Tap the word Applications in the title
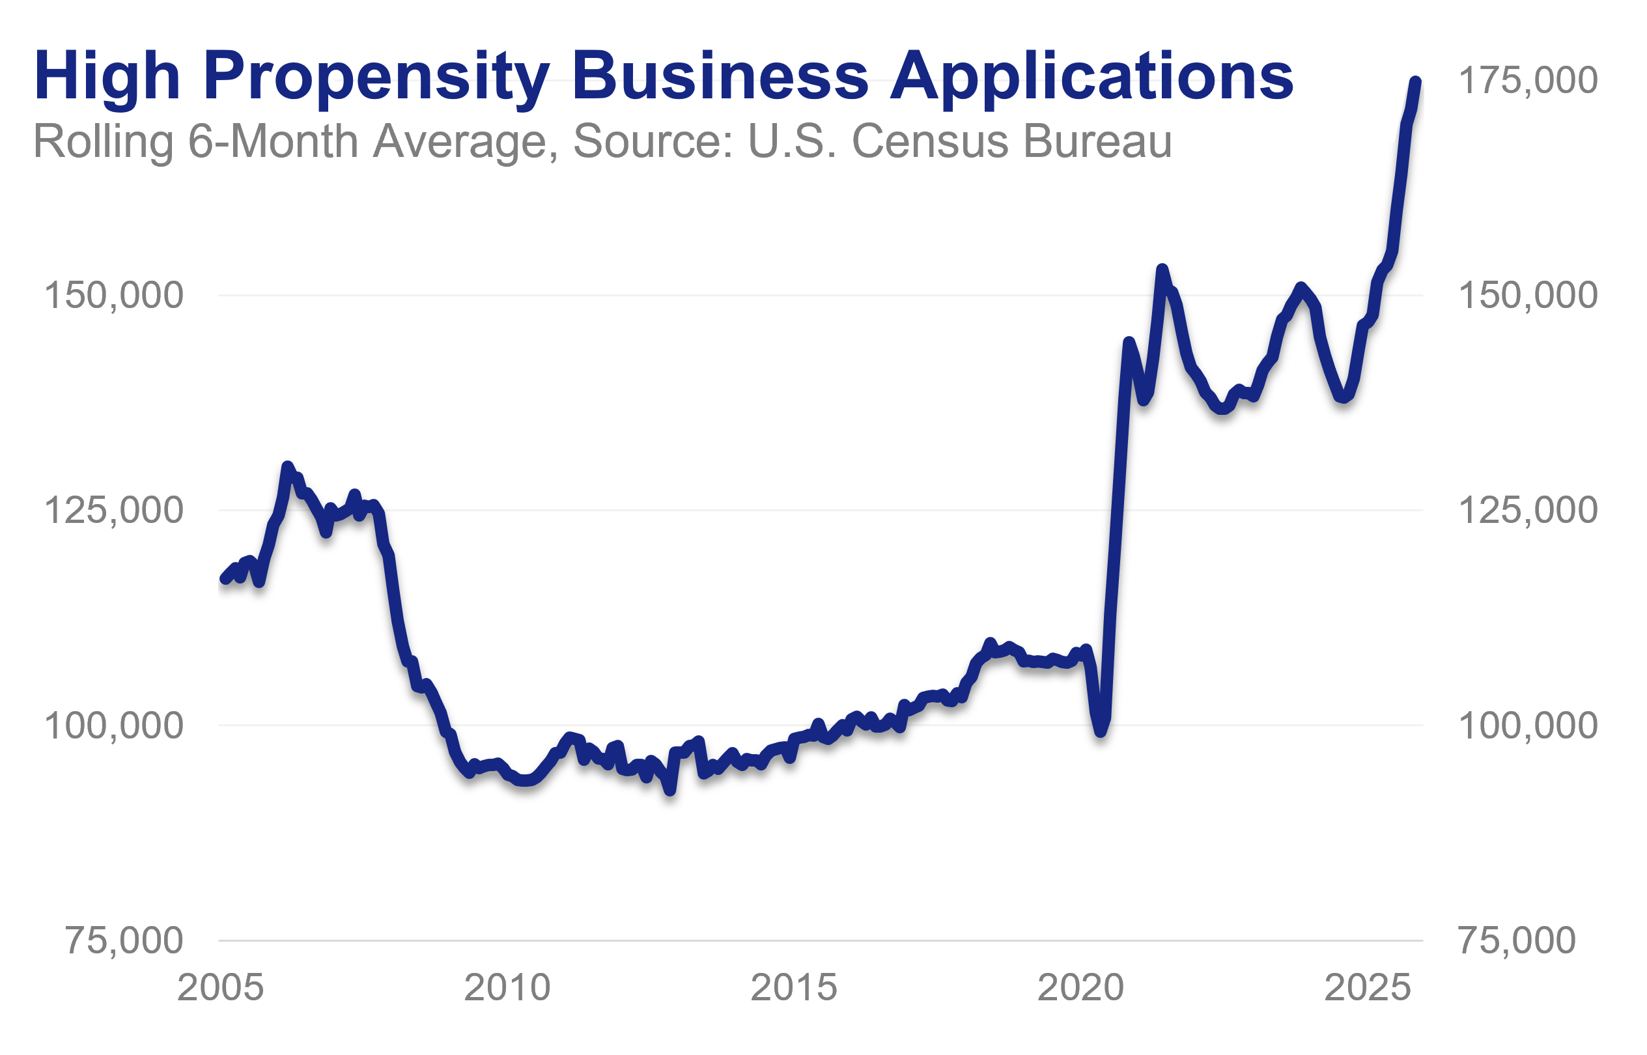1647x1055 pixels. [x=1091, y=77]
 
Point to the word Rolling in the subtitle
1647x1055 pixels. [x=104, y=143]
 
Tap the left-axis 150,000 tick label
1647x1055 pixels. [x=114, y=296]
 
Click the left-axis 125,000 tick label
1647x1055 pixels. [x=114, y=511]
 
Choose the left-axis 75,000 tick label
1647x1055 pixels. [x=124, y=940]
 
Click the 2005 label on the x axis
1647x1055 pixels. [x=220, y=988]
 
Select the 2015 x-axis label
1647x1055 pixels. [x=793, y=988]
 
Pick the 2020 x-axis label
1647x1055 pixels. [x=1080, y=988]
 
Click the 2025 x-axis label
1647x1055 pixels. [x=1368, y=988]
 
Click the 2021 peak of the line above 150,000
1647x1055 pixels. [x=1161, y=269]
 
